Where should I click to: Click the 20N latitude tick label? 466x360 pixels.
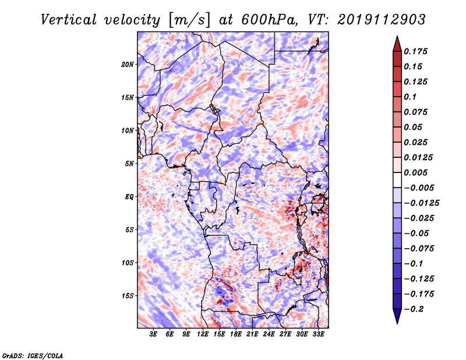pos(128,65)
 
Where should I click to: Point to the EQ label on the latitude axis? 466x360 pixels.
pos(129,197)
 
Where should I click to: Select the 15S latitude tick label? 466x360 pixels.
pos(128,296)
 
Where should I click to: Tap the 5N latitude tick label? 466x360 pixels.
pos(129,164)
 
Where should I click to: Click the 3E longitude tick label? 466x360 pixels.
pos(153,334)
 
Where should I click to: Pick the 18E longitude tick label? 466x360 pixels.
pos(236,334)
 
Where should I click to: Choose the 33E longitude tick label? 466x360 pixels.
pos(318,334)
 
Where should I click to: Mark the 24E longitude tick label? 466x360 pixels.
pos(269,334)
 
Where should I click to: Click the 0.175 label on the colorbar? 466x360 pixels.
pos(415,51)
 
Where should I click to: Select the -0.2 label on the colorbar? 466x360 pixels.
pos(413,309)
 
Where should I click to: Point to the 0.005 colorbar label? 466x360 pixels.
pos(415,172)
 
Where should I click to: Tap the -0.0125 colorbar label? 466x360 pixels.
pos(421,203)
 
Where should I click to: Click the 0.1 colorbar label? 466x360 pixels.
pos(410,97)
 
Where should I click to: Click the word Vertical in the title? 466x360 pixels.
pos(68,20)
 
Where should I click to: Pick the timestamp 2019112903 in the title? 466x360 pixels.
pos(382,20)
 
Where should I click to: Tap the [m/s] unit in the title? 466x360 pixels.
pos(189,20)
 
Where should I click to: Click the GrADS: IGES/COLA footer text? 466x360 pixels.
pos(33,356)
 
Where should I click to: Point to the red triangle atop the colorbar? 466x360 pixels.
pos(397,44)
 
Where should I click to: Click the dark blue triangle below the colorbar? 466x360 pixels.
pos(397,316)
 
